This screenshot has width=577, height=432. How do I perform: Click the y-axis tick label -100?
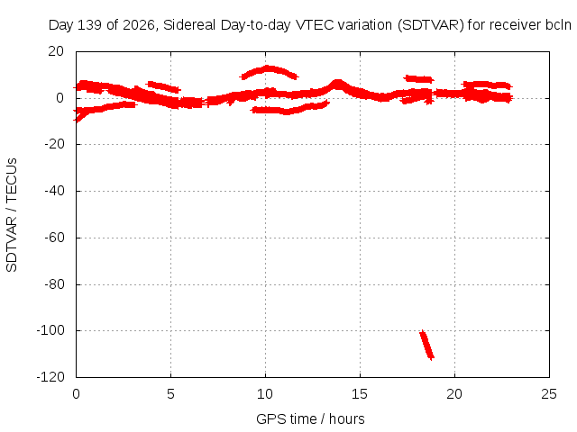[x=50, y=330]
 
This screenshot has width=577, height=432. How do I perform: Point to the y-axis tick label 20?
[x=56, y=51]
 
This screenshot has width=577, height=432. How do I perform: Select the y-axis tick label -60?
[x=54, y=238]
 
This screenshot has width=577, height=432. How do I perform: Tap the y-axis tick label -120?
[x=50, y=377]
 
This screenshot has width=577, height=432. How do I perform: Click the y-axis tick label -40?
[x=54, y=191]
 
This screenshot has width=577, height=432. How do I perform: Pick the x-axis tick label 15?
[x=360, y=394]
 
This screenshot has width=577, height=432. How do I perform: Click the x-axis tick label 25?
[x=549, y=394]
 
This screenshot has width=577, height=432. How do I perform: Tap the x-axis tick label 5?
[x=170, y=394]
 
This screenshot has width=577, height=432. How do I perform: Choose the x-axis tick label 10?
[x=265, y=394]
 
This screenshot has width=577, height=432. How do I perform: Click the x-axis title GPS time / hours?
[x=310, y=418]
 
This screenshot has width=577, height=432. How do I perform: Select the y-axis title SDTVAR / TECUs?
[x=12, y=215]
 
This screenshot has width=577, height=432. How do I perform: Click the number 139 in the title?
[x=90, y=25]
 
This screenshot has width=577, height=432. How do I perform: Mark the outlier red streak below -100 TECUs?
[x=427, y=345]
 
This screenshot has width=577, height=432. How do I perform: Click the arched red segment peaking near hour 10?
[x=269, y=70]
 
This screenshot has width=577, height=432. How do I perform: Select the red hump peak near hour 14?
[x=337, y=84]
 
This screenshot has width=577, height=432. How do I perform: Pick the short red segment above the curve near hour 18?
[x=418, y=78]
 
